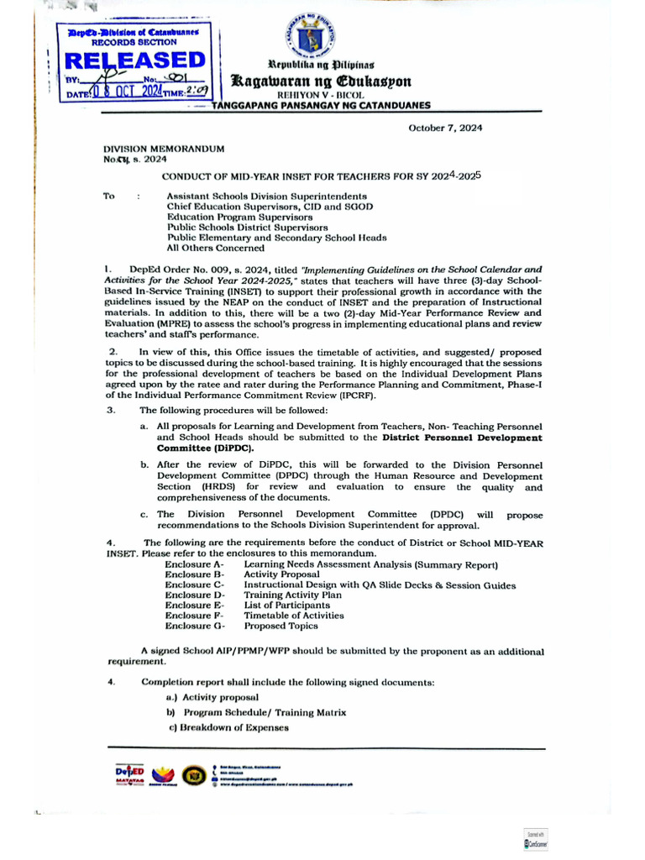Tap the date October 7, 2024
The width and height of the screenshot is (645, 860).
coord(445,128)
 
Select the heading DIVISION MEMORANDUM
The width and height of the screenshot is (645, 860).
coord(164,148)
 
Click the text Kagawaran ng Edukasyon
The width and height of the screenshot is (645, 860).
coord(322,81)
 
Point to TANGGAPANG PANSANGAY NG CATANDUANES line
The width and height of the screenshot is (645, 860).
coord(320,105)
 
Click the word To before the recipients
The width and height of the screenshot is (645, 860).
coord(108,196)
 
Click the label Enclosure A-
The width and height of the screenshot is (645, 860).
coord(194,564)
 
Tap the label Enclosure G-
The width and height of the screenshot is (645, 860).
coord(195,626)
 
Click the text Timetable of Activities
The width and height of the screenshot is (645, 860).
coord(293,615)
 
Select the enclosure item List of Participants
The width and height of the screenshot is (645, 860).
coord(286,605)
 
